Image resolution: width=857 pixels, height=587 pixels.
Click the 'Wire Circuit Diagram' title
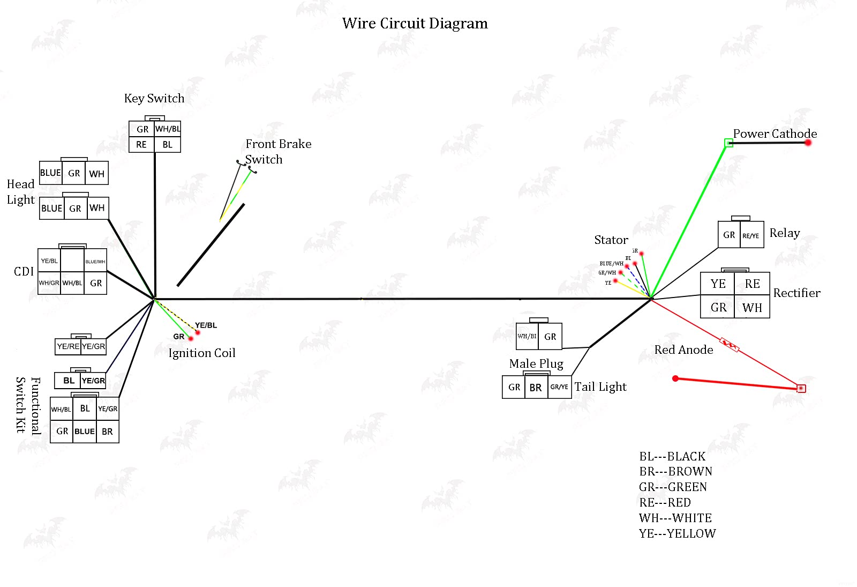point(415,24)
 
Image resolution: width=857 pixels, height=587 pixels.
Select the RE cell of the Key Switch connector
point(141,145)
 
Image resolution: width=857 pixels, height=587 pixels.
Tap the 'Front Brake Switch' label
point(277,151)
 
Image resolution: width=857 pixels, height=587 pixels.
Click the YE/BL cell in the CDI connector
point(49,261)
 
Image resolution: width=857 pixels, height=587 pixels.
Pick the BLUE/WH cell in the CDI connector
point(95,262)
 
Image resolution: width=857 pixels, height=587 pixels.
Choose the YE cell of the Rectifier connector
point(718,284)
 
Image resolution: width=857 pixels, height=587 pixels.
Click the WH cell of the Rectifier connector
point(752,308)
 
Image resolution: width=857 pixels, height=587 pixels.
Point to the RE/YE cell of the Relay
point(751,236)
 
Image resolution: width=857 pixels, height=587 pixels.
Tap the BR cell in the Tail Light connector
point(536,388)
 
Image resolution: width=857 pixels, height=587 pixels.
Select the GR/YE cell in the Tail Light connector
point(559,387)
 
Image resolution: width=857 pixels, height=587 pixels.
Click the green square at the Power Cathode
point(728,143)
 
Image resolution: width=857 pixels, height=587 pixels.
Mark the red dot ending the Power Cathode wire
point(808,143)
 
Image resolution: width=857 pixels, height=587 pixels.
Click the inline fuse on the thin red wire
point(730,345)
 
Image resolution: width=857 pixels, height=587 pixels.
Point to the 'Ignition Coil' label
point(202,353)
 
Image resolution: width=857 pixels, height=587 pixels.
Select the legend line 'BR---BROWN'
point(675,472)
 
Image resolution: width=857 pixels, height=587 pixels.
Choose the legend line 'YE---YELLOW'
point(677,534)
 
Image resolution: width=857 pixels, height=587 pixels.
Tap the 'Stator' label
point(611,240)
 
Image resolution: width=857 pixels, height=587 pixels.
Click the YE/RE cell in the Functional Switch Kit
point(68,346)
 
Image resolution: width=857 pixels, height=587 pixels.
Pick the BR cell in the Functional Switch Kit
point(107,432)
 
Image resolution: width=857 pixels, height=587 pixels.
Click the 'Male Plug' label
point(536,364)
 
